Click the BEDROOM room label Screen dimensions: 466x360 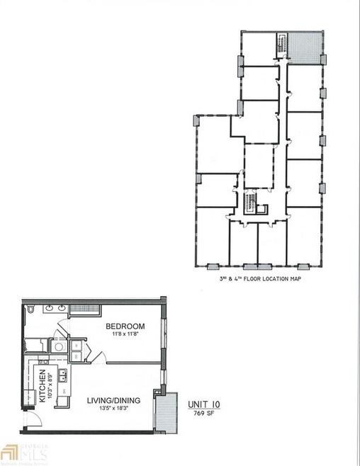coord(125,326)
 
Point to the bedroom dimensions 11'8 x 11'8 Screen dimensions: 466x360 coord(125,335)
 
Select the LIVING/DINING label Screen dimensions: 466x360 coord(113,400)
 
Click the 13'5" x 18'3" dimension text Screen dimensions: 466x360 coord(113,409)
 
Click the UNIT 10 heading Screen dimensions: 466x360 coord(204,404)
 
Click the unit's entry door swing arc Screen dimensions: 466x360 coord(35,420)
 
